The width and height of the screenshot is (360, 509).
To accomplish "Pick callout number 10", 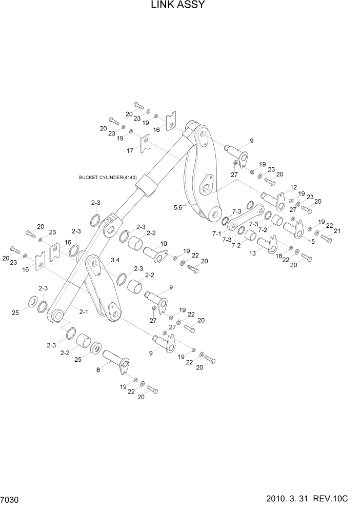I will click(164, 243).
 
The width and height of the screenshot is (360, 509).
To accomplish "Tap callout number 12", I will click(294, 187).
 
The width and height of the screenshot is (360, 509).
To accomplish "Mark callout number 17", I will click(131, 151).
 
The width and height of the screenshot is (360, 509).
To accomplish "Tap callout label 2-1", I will click(83, 311).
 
